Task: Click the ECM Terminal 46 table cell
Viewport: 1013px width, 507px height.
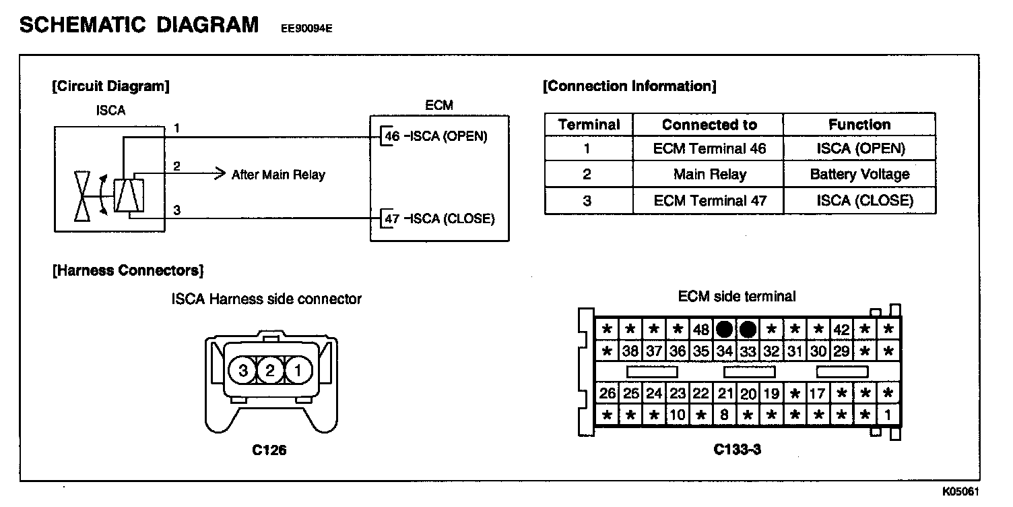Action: click(x=709, y=149)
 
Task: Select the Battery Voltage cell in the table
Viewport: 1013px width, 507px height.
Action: click(x=859, y=175)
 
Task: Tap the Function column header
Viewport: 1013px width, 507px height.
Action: click(x=859, y=125)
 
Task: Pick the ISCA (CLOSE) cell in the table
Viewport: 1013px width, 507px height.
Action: click(x=865, y=200)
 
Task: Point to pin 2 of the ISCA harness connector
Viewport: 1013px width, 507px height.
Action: click(x=269, y=370)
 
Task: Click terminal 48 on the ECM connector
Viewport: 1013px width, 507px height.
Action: click(x=700, y=330)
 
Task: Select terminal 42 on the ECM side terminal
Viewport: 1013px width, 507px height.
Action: click(x=841, y=330)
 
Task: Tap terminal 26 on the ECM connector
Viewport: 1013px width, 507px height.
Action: click(x=607, y=393)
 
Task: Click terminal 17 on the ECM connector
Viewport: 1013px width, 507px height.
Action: click(x=818, y=393)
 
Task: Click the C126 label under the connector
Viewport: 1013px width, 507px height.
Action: click(x=269, y=450)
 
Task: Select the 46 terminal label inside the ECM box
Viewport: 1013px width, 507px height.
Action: click(x=391, y=136)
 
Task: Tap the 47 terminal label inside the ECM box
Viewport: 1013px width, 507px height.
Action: click(x=391, y=219)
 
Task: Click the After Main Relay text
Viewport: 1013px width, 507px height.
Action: click(x=278, y=175)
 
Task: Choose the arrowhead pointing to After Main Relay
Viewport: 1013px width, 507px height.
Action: click(x=219, y=174)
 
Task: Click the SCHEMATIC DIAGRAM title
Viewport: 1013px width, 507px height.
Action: click(x=139, y=25)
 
